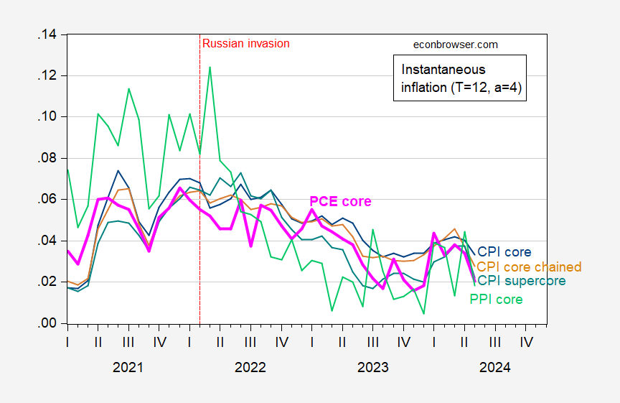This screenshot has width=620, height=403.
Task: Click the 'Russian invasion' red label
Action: coord(246,43)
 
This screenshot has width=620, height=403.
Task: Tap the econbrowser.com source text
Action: coord(456,45)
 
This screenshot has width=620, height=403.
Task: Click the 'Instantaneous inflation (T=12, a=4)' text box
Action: coord(460,78)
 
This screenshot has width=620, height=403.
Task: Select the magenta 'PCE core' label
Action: coord(340,201)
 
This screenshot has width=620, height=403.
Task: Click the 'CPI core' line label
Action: coord(504,251)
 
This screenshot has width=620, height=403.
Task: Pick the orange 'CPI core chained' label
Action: coord(529,267)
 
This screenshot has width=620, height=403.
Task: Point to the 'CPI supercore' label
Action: coord(522,281)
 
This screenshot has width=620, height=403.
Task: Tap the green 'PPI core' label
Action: coord(496,300)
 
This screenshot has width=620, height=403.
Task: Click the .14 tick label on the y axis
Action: coord(47,34)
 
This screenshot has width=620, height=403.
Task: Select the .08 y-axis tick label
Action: coord(47,158)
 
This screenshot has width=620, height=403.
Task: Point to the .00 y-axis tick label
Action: coord(47,323)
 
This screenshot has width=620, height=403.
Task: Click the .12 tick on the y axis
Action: coord(47,76)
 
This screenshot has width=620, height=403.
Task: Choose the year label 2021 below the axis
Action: coord(128,367)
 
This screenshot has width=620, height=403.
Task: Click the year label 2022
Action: coord(250,367)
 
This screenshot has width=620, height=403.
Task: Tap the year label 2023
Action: coord(373,367)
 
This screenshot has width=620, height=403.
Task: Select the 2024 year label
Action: coord(494,367)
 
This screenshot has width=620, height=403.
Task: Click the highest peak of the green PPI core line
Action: coord(210,68)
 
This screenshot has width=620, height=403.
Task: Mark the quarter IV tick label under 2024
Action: coord(526,342)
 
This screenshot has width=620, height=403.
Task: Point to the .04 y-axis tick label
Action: coord(47,241)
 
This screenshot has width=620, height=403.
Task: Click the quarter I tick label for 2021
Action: coord(67,342)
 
